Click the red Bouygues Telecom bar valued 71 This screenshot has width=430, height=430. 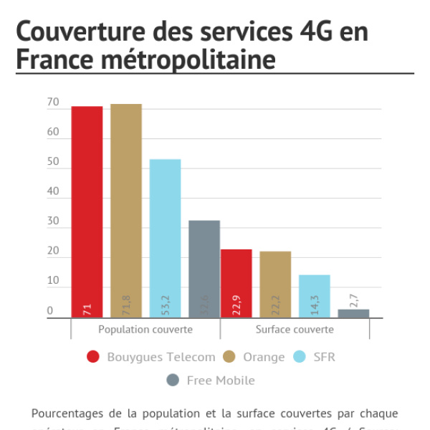[87, 211]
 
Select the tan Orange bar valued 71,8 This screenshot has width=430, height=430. [126, 211]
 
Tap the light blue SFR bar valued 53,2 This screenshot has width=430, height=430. [165, 238]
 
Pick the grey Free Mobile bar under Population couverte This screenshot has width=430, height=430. [204, 269]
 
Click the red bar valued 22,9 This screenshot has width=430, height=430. [236, 283]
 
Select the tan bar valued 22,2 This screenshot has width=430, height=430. [275, 284]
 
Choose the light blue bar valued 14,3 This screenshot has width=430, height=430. [315, 296]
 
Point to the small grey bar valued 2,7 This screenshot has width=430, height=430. [353, 313]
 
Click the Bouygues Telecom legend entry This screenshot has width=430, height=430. [150, 357]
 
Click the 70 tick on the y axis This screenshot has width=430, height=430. [53, 102]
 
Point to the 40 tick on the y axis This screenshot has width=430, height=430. [53, 192]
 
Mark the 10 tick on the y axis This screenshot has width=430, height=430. [53, 281]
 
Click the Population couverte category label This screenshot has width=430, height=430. [145, 330]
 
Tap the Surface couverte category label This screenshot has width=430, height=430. [295, 330]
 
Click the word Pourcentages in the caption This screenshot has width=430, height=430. [64, 414]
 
